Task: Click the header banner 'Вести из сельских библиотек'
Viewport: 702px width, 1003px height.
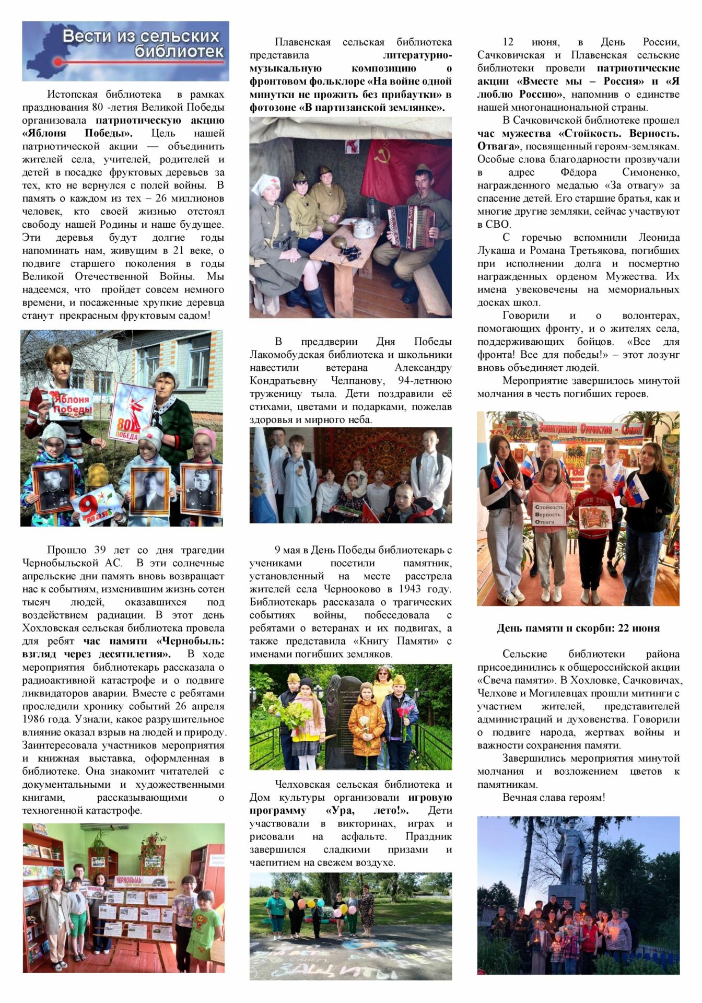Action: coord(125,51)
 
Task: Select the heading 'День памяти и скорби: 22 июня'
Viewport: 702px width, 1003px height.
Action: coord(578,628)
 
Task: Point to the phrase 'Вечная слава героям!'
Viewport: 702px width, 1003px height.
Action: coord(554,798)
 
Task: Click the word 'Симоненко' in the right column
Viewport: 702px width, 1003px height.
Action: coord(650,172)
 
